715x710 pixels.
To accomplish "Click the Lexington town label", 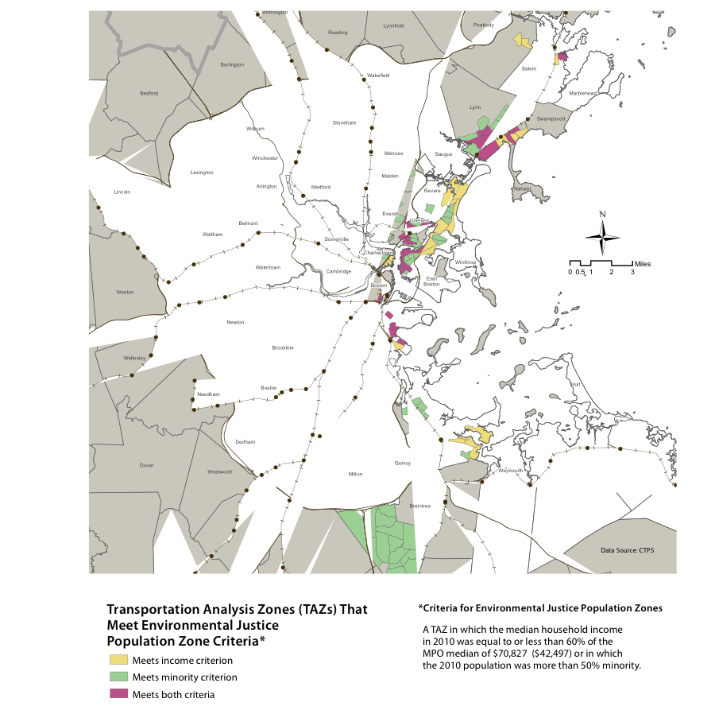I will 202,172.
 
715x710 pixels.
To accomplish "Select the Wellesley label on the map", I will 134,359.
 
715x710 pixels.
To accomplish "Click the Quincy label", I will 403,462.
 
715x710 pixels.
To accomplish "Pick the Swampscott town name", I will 550,118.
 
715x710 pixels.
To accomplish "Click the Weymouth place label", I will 511,470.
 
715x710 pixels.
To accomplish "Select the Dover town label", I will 146,465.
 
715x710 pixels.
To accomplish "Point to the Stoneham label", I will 345,122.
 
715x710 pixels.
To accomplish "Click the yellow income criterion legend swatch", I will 118,659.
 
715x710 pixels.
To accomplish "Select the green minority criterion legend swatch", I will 118,677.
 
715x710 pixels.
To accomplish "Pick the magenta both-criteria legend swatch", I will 118,694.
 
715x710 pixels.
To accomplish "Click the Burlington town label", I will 232,64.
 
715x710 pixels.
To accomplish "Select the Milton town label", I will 355,474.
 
